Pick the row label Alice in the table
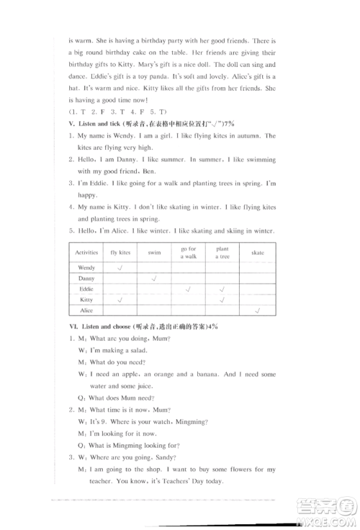click(86, 310)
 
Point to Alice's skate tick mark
click(257, 310)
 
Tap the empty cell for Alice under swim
click(154, 310)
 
